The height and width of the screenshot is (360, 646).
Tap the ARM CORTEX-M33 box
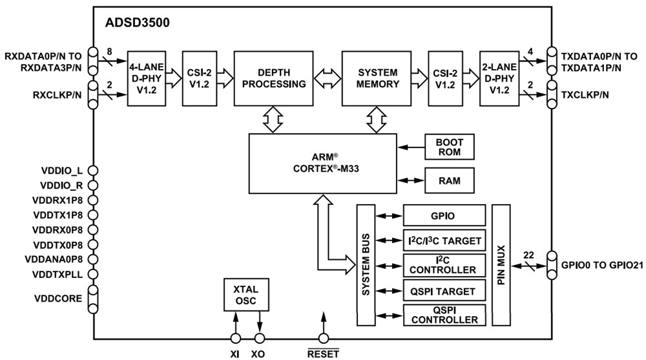pos(323,164)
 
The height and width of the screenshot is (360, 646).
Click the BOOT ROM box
pos(449,147)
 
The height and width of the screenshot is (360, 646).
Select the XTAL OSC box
pos(245,295)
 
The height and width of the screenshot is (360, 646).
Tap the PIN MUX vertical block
pos(501,265)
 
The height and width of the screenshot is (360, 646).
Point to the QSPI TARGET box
pos(444,291)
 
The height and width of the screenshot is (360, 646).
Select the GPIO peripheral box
pos(444,215)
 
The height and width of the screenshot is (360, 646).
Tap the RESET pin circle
pos(322,338)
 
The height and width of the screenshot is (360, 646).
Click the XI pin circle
pos(235,338)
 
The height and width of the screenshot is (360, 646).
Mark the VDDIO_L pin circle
pos(93,171)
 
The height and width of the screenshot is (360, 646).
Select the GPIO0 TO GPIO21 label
pos(602,264)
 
